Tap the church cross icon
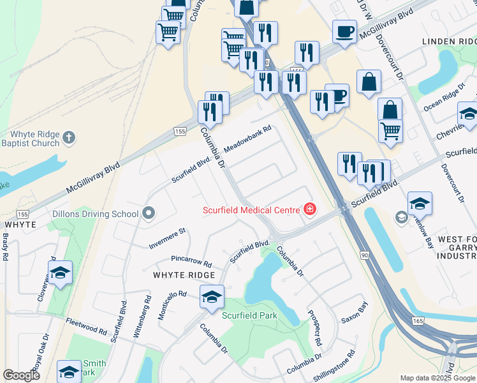tap(70, 137)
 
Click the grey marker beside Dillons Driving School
tap(149, 213)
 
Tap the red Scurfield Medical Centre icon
tap(310, 209)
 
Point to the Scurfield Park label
tap(249, 315)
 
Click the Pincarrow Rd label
tap(191, 261)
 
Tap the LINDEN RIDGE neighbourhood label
tap(449, 41)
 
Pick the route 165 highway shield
tap(418, 320)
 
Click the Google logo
tap(22, 375)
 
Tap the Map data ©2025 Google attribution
tap(437, 378)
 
